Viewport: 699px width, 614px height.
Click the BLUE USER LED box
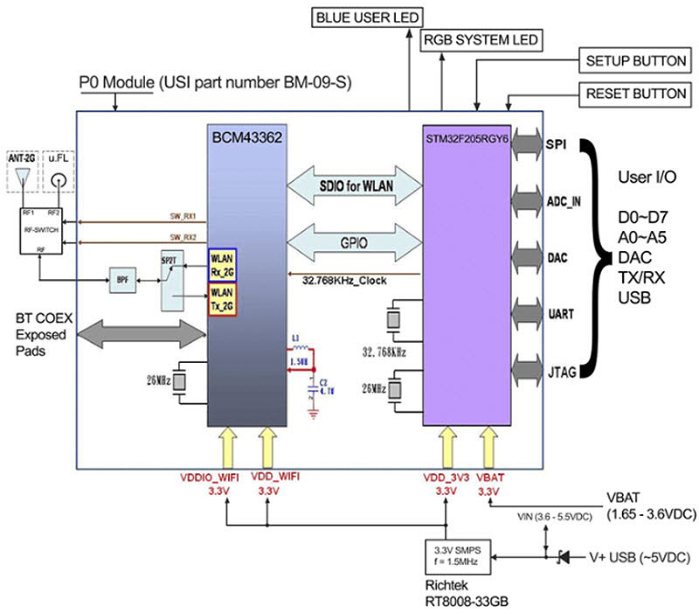point(366,17)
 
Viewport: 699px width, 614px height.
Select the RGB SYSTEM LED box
point(481,40)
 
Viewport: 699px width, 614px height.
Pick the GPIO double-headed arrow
point(354,241)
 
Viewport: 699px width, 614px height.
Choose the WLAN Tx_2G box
point(223,297)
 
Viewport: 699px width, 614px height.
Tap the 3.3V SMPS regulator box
point(452,555)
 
